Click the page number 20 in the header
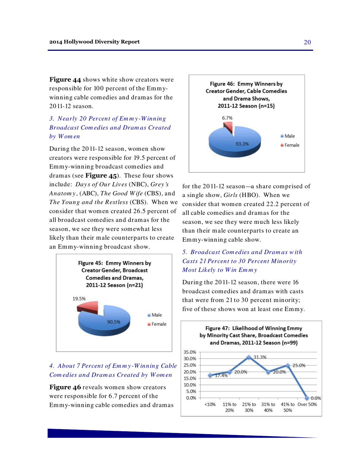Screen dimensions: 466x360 pos(307,42)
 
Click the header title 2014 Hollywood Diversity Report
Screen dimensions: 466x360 pos(94,41)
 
